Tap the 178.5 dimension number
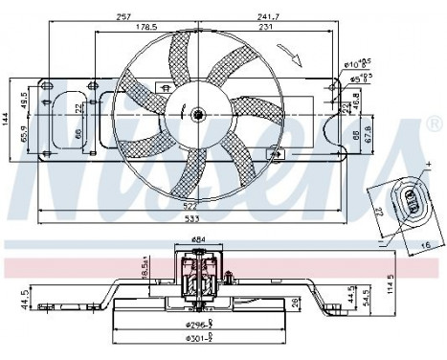147,28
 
